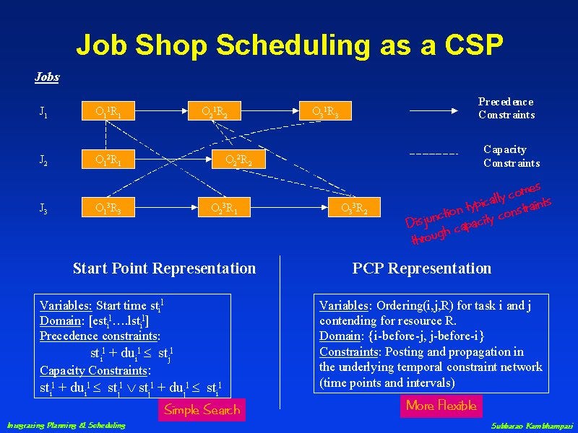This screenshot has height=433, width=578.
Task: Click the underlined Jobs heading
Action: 47,76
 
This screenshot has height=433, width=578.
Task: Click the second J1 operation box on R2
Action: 219,111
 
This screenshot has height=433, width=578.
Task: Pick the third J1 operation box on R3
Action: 330,111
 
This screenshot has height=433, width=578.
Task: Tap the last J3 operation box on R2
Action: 359,209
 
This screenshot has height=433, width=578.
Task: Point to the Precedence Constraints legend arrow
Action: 433,111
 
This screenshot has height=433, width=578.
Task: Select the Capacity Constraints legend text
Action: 511,156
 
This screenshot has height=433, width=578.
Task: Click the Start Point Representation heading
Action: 164,268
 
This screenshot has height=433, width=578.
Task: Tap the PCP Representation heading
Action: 421,268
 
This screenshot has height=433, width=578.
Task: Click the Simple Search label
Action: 202,410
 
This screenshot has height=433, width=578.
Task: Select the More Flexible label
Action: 441,406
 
